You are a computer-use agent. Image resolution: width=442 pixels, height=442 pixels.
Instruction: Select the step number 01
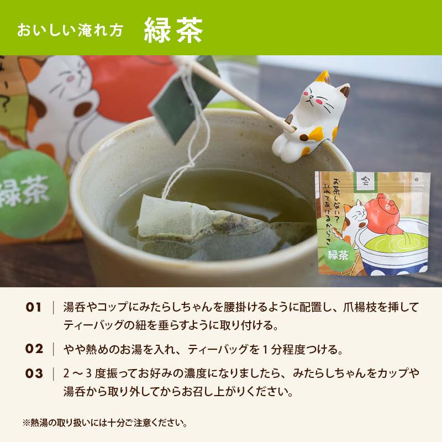click(x=34, y=307)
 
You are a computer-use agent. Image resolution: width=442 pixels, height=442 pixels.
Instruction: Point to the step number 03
click(x=34, y=373)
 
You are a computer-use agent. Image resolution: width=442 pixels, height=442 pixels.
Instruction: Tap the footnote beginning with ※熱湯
click(x=104, y=424)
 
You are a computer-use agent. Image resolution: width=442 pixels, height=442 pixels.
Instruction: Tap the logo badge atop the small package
click(x=364, y=180)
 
